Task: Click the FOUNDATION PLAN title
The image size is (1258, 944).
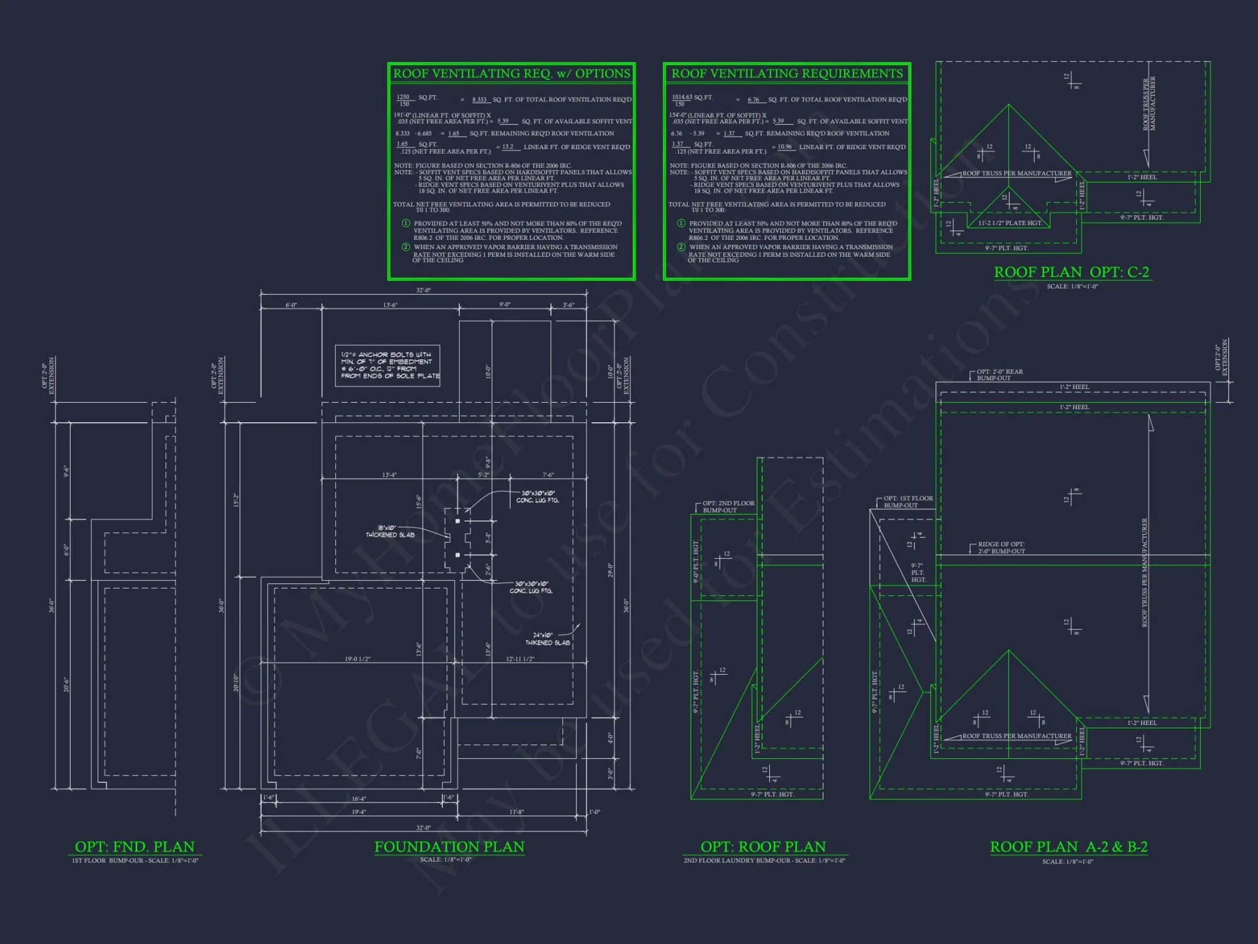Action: (449, 847)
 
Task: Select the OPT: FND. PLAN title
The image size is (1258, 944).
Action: (135, 847)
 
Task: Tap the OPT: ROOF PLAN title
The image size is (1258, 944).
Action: (763, 847)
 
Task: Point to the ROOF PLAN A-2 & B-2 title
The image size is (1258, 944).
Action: (1068, 847)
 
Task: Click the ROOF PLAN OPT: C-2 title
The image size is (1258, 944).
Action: (1071, 273)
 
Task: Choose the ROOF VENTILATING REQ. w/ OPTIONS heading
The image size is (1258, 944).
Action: (511, 74)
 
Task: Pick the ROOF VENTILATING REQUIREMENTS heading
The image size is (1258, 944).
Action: (787, 74)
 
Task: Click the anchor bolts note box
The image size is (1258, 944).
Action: (387, 366)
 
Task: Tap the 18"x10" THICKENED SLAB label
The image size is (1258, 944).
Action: (390, 532)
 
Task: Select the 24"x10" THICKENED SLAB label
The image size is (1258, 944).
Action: (547, 639)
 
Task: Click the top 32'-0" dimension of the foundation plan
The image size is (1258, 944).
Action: (423, 290)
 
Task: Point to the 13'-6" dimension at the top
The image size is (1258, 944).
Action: (390, 305)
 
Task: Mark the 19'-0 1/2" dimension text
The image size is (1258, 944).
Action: (357, 659)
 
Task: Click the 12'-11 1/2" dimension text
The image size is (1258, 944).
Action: (520, 659)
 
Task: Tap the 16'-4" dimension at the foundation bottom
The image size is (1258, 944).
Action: (359, 799)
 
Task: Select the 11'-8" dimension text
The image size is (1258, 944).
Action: (516, 812)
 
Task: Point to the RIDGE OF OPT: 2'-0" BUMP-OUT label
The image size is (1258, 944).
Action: (1001, 548)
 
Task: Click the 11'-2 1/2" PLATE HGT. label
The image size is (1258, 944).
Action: (1010, 223)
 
